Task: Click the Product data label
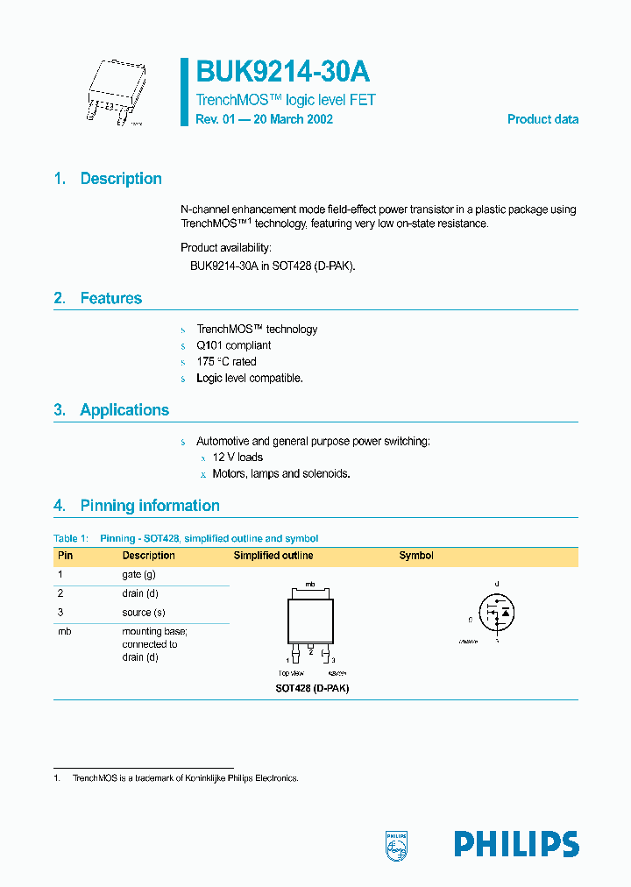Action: (x=542, y=119)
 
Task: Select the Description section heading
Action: (x=121, y=179)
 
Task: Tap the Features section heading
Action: (x=110, y=299)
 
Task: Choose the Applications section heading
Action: (x=124, y=410)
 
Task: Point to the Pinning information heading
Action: (x=149, y=506)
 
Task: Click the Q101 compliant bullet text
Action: (x=234, y=345)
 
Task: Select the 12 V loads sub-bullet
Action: (x=238, y=458)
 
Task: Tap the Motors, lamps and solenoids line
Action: (x=281, y=473)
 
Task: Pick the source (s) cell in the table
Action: (x=144, y=613)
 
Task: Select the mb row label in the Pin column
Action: (x=64, y=632)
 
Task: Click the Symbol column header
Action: (x=416, y=556)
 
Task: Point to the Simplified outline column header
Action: (x=273, y=556)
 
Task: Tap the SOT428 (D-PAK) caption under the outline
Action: (x=312, y=688)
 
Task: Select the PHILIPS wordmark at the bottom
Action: (x=516, y=844)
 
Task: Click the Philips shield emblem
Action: (x=397, y=844)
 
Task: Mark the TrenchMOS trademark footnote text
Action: (x=185, y=778)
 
